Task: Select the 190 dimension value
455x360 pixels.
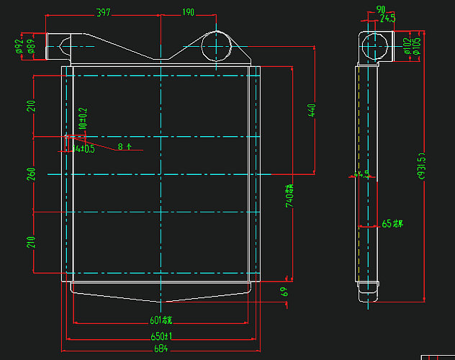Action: click(x=188, y=12)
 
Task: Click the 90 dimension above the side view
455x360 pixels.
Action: click(x=381, y=9)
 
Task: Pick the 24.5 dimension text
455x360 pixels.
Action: click(x=387, y=17)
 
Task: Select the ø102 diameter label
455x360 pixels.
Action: click(x=407, y=46)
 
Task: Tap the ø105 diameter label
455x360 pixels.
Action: click(x=417, y=46)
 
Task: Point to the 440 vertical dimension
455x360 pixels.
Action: click(x=312, y=112)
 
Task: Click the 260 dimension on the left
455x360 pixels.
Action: click(x=31, y=174)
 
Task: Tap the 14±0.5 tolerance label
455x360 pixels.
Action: click(x=84, y=149)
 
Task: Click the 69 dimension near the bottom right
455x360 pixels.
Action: click(x=284, y=292)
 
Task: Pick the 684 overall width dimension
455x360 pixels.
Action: click(x=161, y=349)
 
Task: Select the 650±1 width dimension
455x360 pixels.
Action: click(x=161, y=336)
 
